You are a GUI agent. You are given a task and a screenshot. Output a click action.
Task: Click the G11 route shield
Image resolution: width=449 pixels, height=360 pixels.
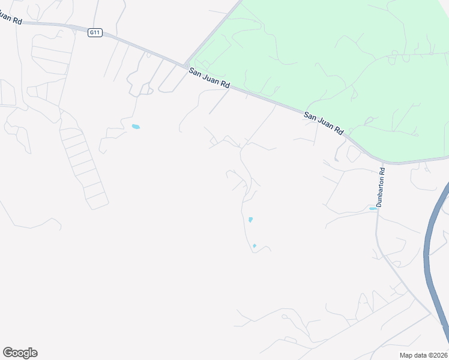94,32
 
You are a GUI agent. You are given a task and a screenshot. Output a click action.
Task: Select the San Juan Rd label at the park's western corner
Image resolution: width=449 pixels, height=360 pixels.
209,79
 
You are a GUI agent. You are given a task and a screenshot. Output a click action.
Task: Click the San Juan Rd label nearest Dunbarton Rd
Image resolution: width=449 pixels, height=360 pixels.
324,122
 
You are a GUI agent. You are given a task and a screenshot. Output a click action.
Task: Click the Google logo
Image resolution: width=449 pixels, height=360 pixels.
20,353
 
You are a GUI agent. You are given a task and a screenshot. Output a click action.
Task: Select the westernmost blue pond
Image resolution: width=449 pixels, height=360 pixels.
136,127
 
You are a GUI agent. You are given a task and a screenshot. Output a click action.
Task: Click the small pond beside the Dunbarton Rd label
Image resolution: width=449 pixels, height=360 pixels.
373,208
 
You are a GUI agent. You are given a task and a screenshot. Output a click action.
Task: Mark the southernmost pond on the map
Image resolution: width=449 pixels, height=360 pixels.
255,245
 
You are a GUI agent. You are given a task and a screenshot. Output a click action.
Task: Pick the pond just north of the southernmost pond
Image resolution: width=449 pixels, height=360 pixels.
250,220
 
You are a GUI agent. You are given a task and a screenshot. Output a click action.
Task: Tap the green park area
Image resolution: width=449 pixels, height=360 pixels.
336,54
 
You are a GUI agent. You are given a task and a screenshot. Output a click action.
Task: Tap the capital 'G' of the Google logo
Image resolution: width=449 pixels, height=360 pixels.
8,353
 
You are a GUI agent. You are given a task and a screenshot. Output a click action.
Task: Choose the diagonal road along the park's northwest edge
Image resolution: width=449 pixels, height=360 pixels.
213,33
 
